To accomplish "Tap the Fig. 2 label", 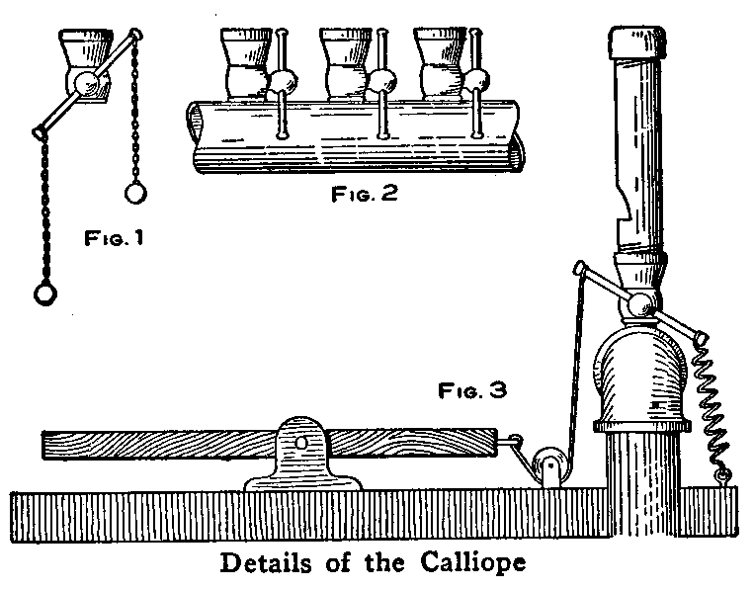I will (x=364, y=194).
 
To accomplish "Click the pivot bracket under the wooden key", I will (x=301, y=456).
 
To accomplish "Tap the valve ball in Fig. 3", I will (x=640, y=305).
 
